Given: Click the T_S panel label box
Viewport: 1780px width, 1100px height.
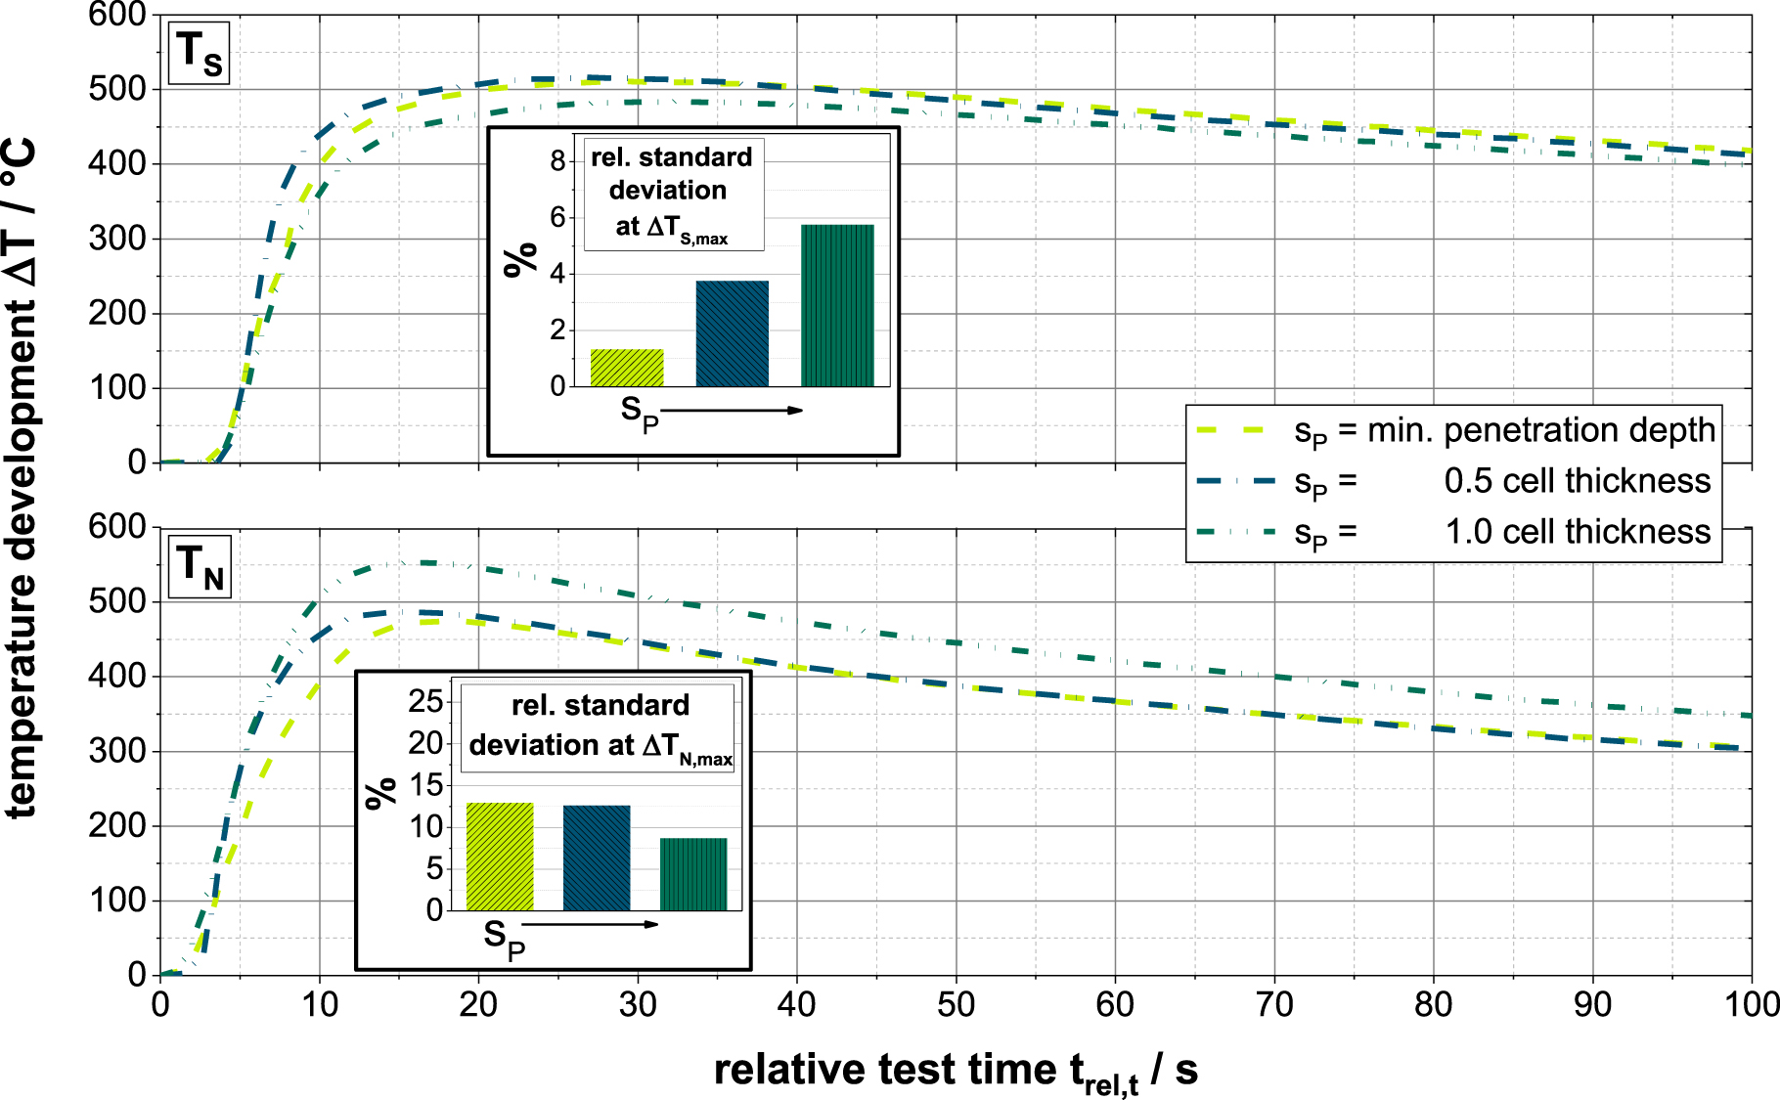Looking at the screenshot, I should tap(199, 53).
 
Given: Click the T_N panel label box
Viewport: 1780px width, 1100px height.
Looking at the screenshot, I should tap(200, 566).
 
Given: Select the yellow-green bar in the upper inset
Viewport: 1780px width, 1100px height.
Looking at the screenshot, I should tap(627, 368).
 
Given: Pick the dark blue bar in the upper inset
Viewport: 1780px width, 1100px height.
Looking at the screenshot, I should tap(732, 333).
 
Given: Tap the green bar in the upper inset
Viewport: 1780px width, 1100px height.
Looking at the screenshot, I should tap(837, 305).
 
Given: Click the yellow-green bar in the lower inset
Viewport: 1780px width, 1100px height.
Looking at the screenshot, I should tap(500, 857).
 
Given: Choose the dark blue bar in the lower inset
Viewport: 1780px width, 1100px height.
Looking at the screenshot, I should tap(597, 858).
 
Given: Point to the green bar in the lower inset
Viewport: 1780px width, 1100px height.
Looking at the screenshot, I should tap(693, 874).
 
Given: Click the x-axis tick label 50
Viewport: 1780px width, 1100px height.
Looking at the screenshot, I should tap(956, 1005).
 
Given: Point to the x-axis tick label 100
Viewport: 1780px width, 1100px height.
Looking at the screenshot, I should tap(1751, 1005).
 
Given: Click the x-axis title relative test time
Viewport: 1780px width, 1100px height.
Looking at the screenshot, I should tap(956, 1071).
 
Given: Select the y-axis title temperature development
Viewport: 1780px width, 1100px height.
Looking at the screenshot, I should tap(22, 479).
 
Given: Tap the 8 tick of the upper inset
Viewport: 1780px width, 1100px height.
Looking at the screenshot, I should tap(557, 161).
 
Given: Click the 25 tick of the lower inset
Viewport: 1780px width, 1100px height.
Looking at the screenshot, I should tap(426, 701).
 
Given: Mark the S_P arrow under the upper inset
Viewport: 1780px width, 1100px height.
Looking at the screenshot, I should tap(732, 411).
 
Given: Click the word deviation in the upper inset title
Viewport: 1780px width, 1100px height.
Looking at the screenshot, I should tap(668, 190).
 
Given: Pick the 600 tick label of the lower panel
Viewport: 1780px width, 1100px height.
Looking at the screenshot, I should tap(116, 527).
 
